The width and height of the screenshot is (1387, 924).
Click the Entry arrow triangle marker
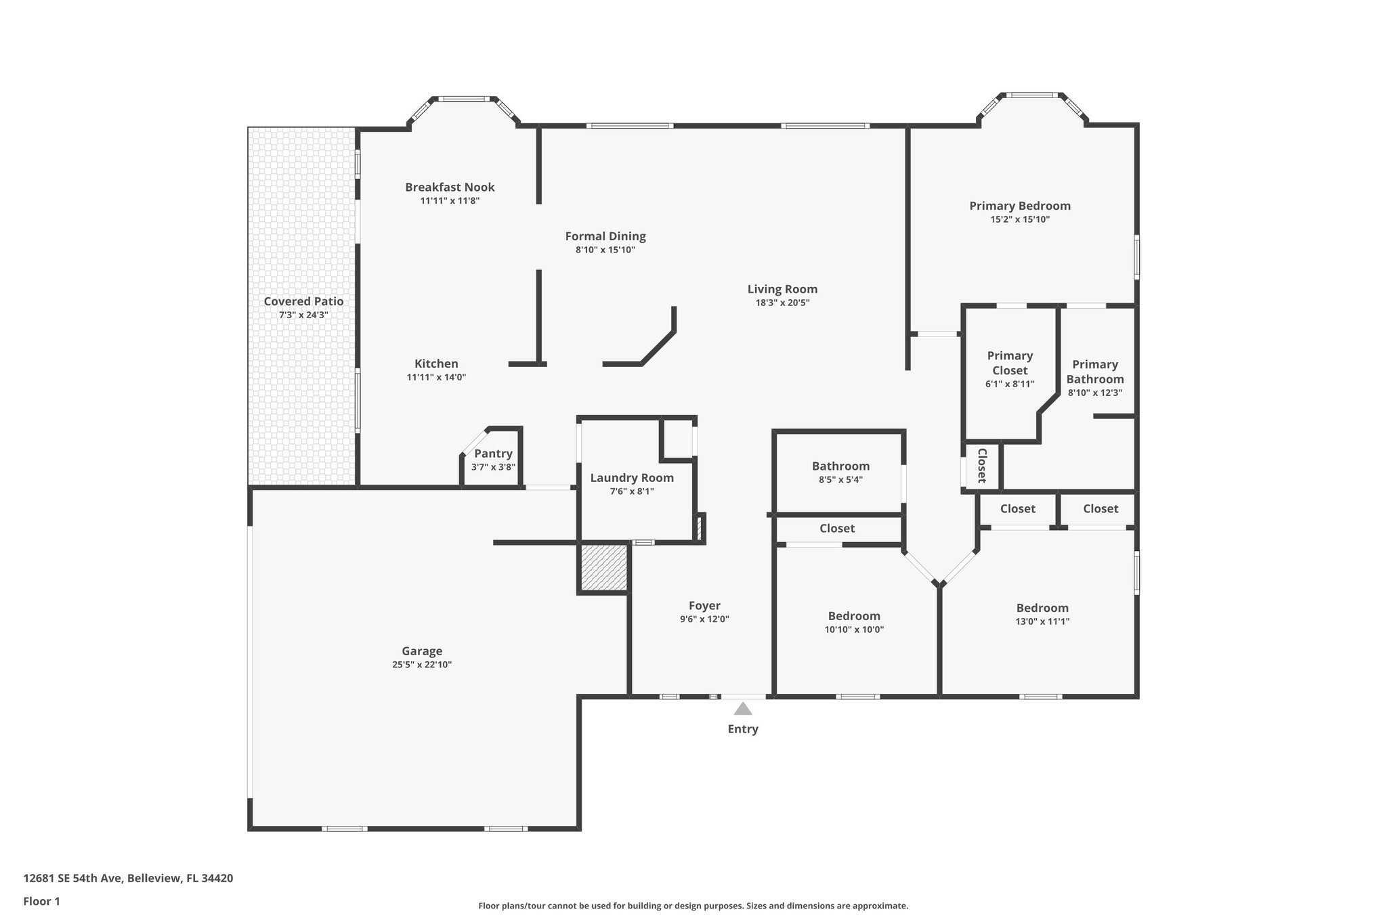743,709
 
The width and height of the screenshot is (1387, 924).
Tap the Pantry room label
493,454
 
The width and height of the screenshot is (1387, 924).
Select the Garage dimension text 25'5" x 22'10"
422,665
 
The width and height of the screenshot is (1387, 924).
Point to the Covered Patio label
303,301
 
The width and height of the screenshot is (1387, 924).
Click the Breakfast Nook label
450,187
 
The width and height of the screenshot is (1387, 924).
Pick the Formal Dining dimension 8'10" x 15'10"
605,250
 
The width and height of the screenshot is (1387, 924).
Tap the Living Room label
782,289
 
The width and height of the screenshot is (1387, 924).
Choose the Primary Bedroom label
1019,206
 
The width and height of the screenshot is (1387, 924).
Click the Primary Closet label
1010,363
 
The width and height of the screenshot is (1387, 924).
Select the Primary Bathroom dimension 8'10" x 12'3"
1094,393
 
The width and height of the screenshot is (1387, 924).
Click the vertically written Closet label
982,465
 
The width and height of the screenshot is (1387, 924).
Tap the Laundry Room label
632,478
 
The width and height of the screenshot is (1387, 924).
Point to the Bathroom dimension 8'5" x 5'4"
840,480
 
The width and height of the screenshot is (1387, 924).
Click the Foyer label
704,606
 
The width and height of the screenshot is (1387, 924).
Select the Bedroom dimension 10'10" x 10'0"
854,630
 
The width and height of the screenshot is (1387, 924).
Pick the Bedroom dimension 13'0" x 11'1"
1042,621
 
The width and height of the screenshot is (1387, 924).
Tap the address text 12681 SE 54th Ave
73,878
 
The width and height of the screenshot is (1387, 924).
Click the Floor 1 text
41,901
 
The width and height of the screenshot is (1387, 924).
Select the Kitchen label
436,364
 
